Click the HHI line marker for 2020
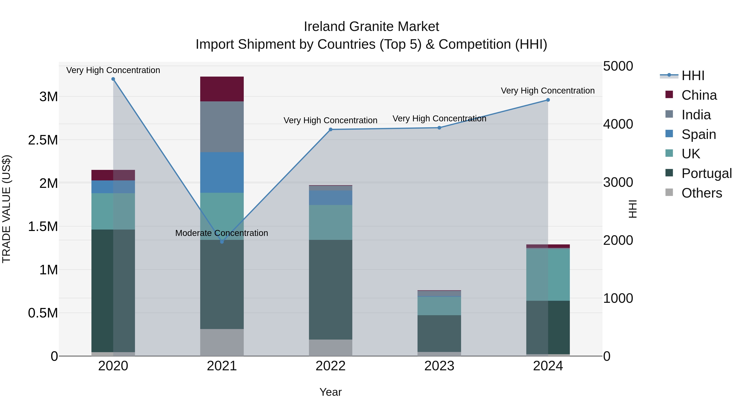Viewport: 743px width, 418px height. (113, 79)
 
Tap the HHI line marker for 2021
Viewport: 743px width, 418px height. (222, 242)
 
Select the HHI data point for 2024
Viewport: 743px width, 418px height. (548, 100)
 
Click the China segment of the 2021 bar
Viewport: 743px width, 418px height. (222, 89)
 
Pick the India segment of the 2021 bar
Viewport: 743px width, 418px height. (222, 127)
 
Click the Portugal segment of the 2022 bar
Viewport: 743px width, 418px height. (331, 289)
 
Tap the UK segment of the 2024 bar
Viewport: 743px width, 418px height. (548, 275)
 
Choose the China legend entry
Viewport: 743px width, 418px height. (699, 95)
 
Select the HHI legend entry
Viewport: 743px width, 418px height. (692, 76)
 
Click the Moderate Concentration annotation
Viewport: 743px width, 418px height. (221, 233)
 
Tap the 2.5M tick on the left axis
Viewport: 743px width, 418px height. (43, 140)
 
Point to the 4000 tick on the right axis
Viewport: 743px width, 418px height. (618, 124)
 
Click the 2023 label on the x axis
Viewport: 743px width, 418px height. (439, 366)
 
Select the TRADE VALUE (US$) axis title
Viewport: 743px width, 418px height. (7, 209)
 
